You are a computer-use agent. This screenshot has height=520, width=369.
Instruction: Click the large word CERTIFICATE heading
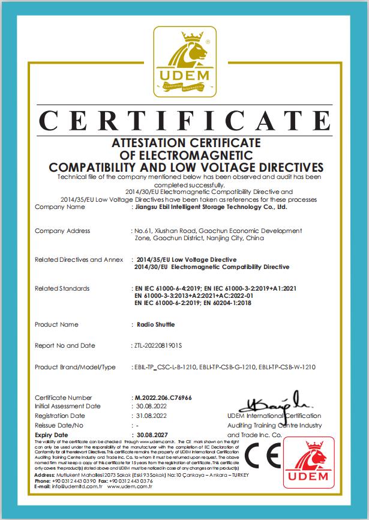pos(184,122)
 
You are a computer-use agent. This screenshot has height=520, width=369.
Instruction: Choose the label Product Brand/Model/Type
pos(75,366)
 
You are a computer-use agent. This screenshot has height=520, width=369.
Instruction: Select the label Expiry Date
pos(52,434)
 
